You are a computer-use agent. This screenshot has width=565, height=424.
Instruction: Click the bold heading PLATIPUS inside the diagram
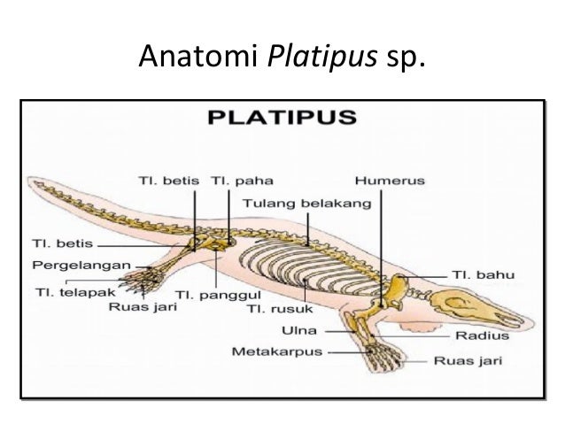tap(282, 117)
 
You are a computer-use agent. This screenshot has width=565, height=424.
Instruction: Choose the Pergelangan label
tap(83, 264)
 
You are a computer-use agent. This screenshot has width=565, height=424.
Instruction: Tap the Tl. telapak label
tap(66, 289)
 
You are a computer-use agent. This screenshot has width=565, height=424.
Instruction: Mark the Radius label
tap(482, 336)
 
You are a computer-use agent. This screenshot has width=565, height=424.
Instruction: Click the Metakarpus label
tap(277, 351)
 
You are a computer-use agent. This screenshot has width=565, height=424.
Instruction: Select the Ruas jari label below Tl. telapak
tap(143, 306)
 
